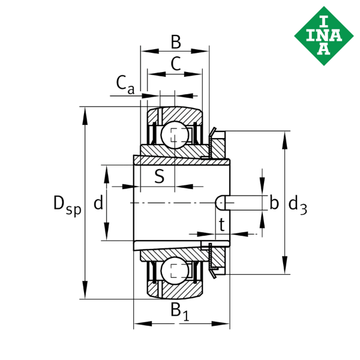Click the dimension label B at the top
(175, 42)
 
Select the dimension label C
(175, 63)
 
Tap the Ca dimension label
(125, 86)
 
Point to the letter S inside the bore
(160, 176)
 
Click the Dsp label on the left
(67, 205)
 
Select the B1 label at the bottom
(181, 310)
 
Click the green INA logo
(323, 34)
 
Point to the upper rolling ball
(174, 134)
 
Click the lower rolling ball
(174, 271)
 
